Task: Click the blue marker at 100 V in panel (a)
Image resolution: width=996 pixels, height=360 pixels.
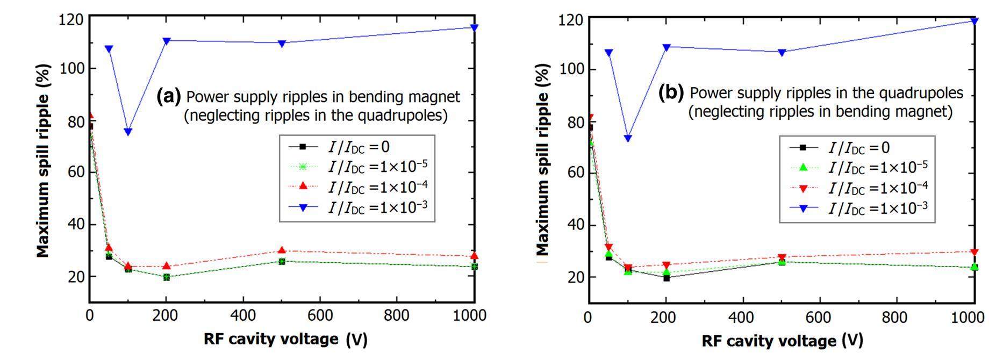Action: (x=128, y=132)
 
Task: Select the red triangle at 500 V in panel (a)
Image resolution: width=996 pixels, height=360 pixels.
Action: (x=282, y=250)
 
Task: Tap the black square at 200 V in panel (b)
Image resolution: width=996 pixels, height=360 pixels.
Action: (x=667, y=278)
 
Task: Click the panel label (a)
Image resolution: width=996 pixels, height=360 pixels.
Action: (x=168, y=97)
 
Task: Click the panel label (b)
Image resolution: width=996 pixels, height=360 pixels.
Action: (x=671, y=93)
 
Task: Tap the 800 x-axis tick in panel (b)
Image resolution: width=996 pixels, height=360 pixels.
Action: (x=895, y=317)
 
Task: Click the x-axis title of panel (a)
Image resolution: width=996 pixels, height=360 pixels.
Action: (x=285, y=340)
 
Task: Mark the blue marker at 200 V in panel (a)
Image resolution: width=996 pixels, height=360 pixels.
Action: (x=167, y=41)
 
